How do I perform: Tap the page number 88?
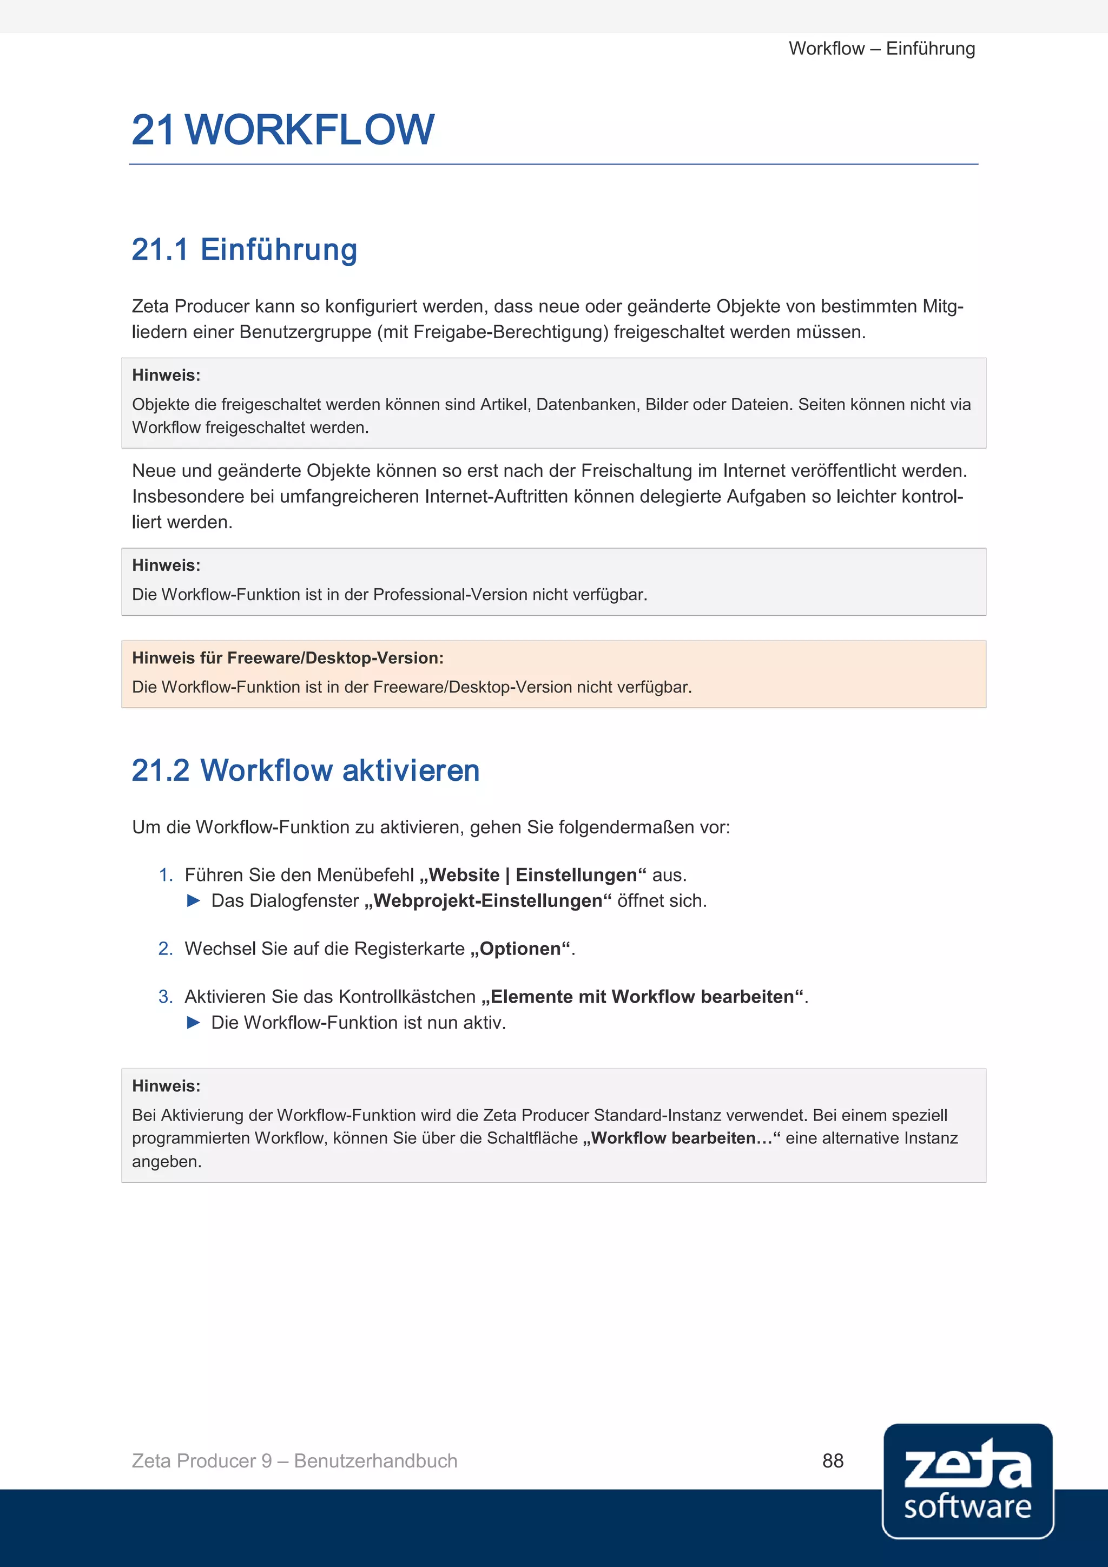[x=833, y=1460]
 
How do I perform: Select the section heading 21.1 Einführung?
[x=244, y=250]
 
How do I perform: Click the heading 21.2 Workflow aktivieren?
[x=306, y=771]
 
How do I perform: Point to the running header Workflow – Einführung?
[x=881, y=49]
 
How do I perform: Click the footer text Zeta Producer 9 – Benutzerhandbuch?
[x=294, y=1460]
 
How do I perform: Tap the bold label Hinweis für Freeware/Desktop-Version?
[x=287, y=658]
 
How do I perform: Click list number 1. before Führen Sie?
[x=166, y=875]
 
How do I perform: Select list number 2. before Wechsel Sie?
[x=166, y=949]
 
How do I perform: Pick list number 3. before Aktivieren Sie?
[x=166, y=997]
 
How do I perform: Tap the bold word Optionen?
[x=520, y=949]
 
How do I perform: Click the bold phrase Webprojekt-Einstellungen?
[x=488, y=901]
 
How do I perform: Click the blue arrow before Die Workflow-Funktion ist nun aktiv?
[x=194, y=1022]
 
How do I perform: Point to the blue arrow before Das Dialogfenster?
[x=194, y=901]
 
